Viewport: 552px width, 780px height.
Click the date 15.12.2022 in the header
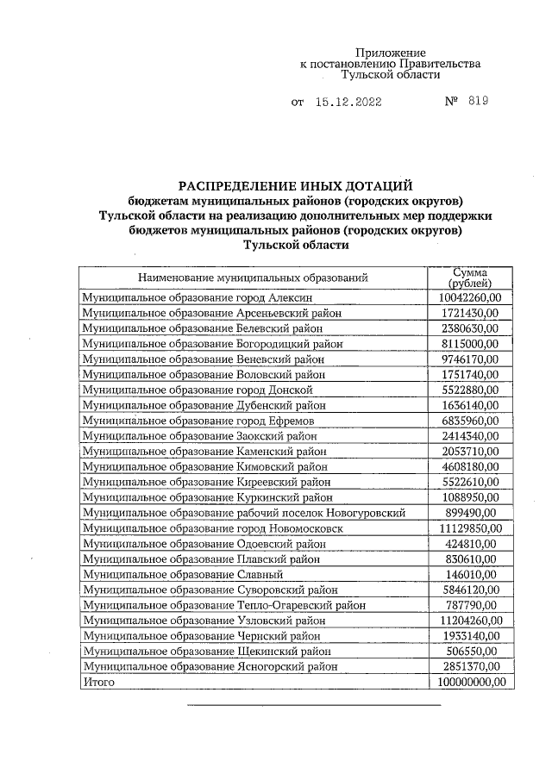[x=349, y=102]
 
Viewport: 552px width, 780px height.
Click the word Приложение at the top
[x=391, y=53]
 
